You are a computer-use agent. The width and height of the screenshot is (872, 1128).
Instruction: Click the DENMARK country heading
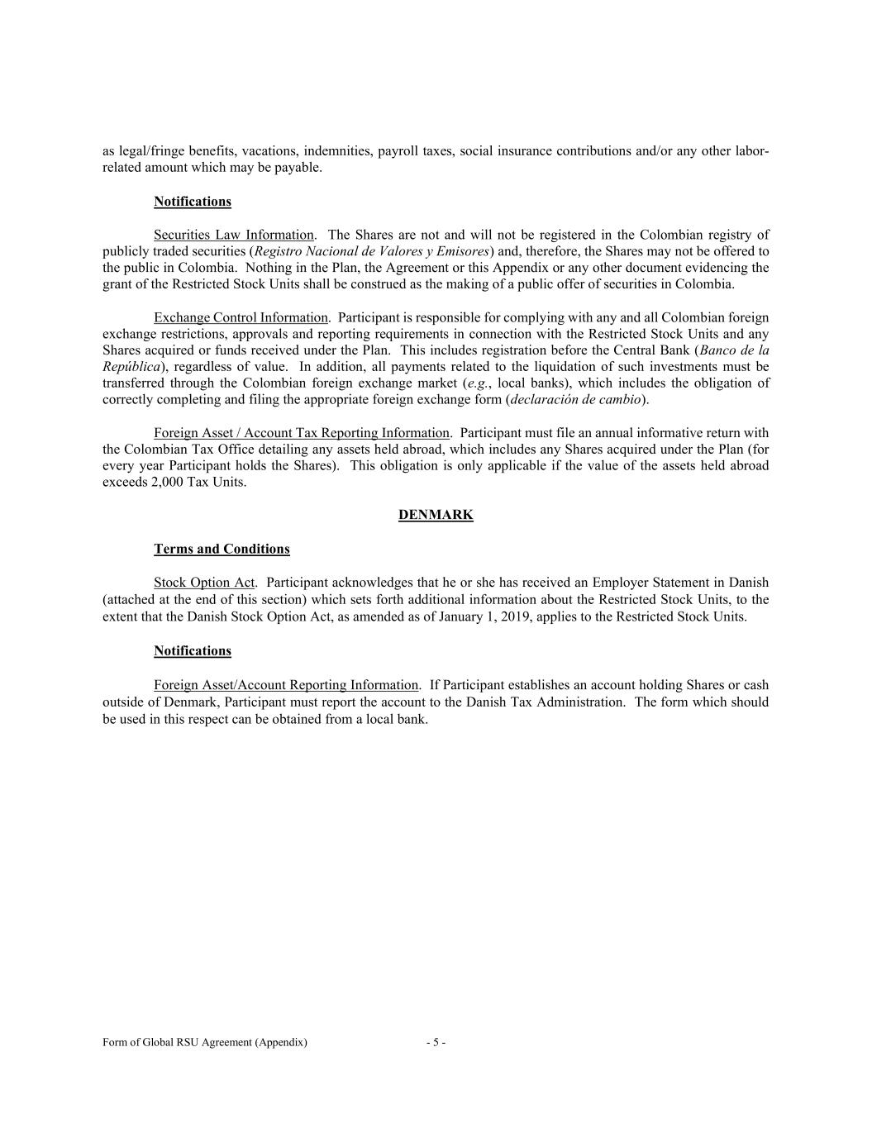coord(436,515)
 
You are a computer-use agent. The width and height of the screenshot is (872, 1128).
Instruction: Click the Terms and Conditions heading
coord(222,549)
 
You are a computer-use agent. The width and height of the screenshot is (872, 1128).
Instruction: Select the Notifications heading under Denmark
coord(193,650)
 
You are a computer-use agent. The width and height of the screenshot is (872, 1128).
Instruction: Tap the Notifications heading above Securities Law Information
coord(193,202)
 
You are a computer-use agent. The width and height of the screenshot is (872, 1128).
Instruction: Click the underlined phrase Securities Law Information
coord(234,235)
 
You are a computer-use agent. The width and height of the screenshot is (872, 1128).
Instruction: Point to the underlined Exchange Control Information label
coord(241,317)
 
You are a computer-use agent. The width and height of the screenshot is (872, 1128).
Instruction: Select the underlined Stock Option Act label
coord(204,583)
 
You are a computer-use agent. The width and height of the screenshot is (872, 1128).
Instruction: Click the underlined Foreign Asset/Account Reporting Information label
coord(286,685)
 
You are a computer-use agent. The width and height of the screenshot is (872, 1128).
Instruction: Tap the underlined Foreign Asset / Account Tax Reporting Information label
coord(302,433)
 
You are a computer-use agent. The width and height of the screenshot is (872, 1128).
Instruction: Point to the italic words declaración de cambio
coord(575,400)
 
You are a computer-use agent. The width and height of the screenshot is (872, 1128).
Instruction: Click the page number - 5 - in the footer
coord(436,1043)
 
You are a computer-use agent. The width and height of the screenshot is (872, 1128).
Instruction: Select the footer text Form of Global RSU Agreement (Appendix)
coord(205,1043)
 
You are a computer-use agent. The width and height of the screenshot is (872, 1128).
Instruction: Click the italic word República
coord(131,367)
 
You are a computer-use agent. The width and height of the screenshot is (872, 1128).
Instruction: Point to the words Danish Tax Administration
coord(546,702)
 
